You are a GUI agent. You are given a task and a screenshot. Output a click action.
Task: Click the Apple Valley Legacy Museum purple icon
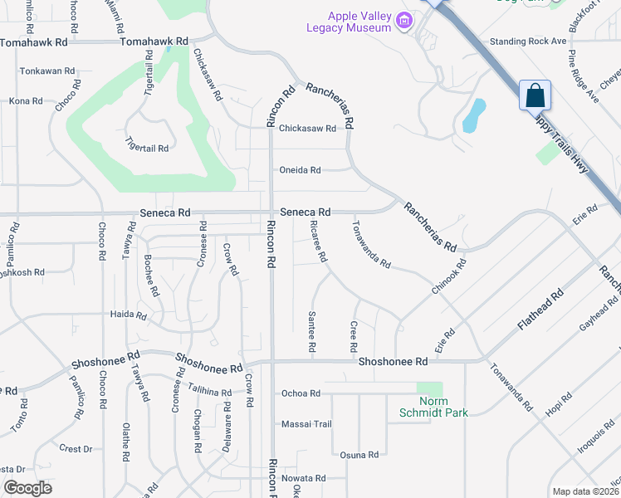(404, 21)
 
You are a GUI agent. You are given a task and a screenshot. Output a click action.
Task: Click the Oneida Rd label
(300, 170)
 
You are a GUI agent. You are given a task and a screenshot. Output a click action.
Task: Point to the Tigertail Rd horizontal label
(148, 149)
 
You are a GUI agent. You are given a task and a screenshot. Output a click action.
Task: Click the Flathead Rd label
(540, 310)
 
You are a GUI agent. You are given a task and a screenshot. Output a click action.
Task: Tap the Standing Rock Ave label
(527, 41)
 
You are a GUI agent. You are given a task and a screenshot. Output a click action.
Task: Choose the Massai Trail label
(306, 424)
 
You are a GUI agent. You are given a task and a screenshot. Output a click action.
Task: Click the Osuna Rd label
(359, 455)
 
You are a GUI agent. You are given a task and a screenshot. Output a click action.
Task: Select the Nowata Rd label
(303, 479)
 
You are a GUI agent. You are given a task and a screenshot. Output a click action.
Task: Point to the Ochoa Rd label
(301, 393)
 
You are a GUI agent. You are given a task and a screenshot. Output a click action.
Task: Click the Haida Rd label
(129, 316)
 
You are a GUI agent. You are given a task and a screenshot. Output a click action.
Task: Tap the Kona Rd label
(26, 101)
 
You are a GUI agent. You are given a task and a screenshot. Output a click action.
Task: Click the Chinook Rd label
(449, 276)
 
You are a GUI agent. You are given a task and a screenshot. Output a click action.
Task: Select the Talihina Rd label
(209, 392)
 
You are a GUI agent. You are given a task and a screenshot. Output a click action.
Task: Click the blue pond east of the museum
(472, 117)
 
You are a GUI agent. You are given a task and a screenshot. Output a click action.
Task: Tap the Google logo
(27, 488)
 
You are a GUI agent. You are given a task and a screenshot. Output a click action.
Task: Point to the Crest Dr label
(76, 449)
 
